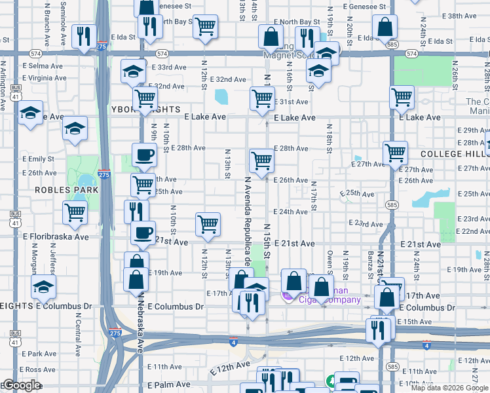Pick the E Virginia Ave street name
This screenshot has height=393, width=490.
coord(47,78)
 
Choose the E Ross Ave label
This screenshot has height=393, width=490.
coord(39,370)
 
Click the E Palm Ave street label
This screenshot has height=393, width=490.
coord(168,385)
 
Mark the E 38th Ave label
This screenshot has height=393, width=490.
coord(461,16)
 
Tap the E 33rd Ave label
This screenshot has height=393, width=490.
coord(170,67)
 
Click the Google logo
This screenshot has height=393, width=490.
coord(21,386)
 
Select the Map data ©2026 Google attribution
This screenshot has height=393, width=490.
coord(449,388)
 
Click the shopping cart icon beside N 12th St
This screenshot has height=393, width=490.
coord(208,223)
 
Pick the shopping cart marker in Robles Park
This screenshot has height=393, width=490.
coord(75,212)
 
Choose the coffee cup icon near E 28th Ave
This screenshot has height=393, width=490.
coord(144,155)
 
